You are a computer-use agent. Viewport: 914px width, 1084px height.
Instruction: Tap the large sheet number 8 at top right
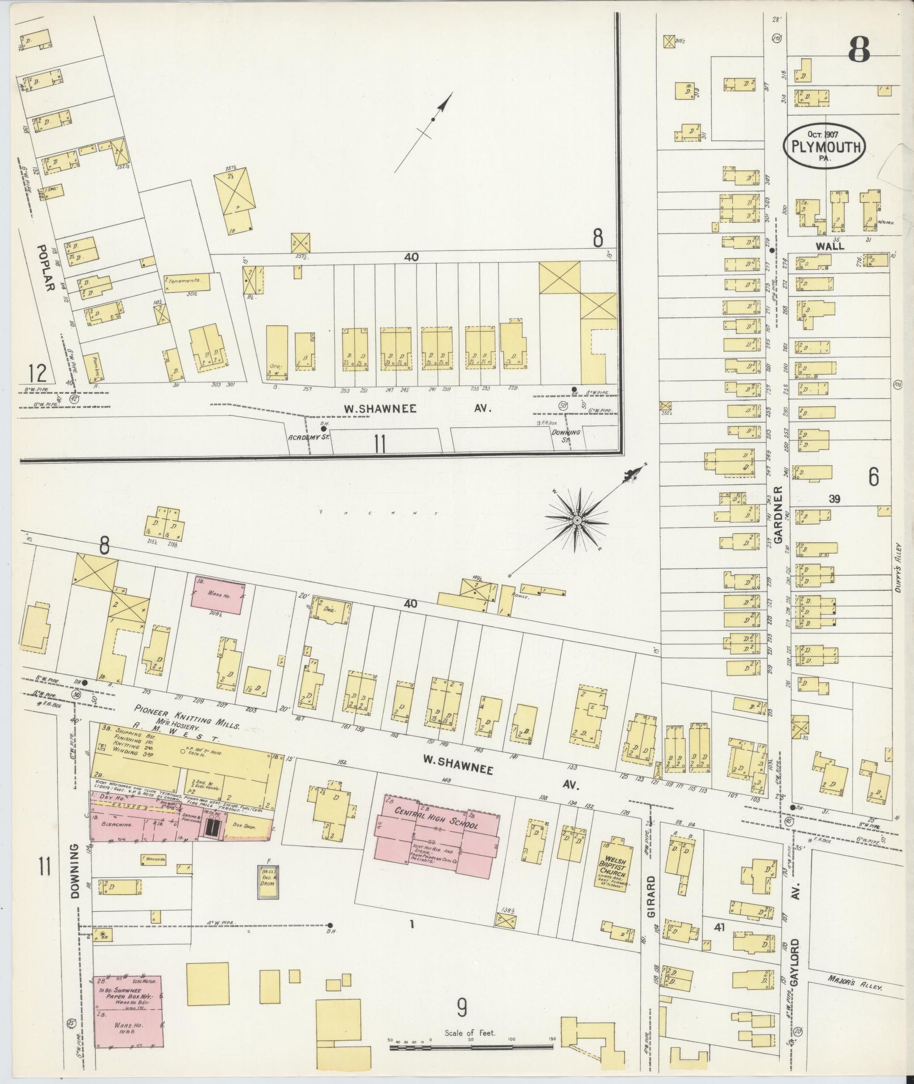pos(859,53)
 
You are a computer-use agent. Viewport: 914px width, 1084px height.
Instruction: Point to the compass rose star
pos(576,520)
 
